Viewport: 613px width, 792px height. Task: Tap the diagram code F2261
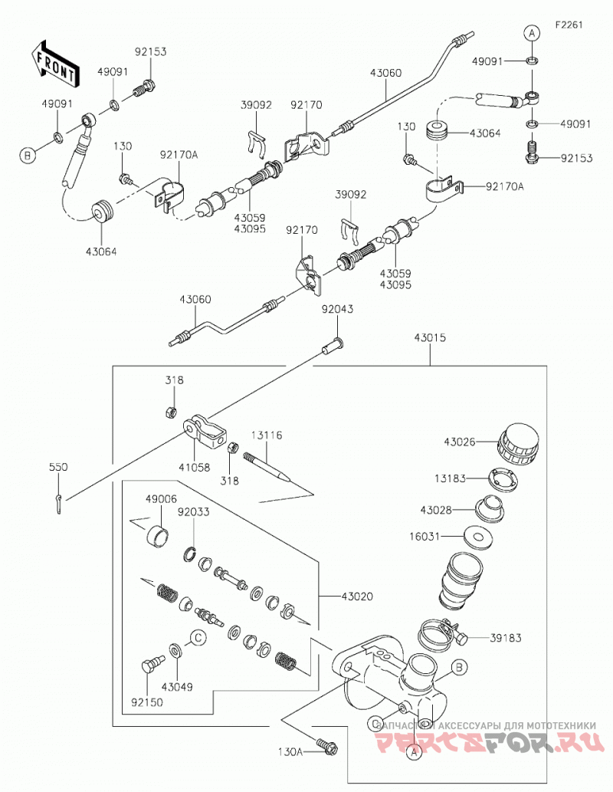[x=569, y=25]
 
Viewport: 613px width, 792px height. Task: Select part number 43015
[x=430, y=337]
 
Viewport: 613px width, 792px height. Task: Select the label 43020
[x=357, y=596]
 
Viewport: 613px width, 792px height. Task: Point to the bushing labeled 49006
[x=158, y=535]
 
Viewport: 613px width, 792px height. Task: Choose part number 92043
[x=337, y=309]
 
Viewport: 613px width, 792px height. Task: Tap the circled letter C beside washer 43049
[x=199, y=638]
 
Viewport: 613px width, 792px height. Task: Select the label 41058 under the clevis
[x=194, y=468]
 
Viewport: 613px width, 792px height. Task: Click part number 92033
[x=193, y=511]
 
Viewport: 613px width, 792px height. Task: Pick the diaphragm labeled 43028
[x=490, y=509]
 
